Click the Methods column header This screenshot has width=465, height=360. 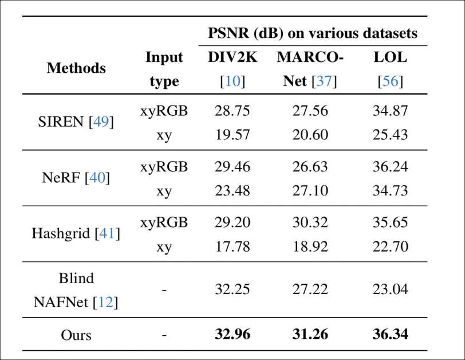click(x=76, y=68)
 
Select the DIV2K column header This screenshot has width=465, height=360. click(x=232, y=57)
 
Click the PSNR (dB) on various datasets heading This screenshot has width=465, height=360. click(x=312, y=33)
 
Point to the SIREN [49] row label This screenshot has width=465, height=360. click(x=76, y=122)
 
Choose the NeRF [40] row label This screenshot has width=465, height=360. click(x=76, y=178)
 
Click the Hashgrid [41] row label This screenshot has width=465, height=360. click(x=76, y=233)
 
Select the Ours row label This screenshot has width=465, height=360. click(x=76, y=334)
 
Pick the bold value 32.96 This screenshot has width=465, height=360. click(x=232, y=334)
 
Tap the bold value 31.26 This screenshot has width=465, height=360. click(x=310, y=334)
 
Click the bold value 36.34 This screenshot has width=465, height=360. click(x=390, y=334)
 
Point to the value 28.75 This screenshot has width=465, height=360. click(x=232, y=111)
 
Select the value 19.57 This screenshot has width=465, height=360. click(x=232, y=134)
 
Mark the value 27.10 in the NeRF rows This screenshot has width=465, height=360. click(x=310, y=190)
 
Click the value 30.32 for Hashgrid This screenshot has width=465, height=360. click(x=310, y=222)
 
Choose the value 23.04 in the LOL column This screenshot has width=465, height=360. click(x=390, y=289)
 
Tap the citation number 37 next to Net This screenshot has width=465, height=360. click(x=324, y=81)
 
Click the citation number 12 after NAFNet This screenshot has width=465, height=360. click(x=106, y=302)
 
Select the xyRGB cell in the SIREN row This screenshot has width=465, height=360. click(x=164, y=111)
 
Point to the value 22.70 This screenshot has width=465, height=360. click(x=390, y=246)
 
